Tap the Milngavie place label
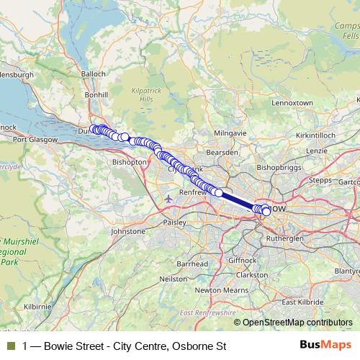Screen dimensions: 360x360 [230, 134]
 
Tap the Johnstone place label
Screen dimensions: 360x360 [128, 231]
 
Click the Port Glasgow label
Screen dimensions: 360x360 [33, 140]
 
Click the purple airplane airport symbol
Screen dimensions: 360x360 [168, 198]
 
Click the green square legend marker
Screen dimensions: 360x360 [10, 346]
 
